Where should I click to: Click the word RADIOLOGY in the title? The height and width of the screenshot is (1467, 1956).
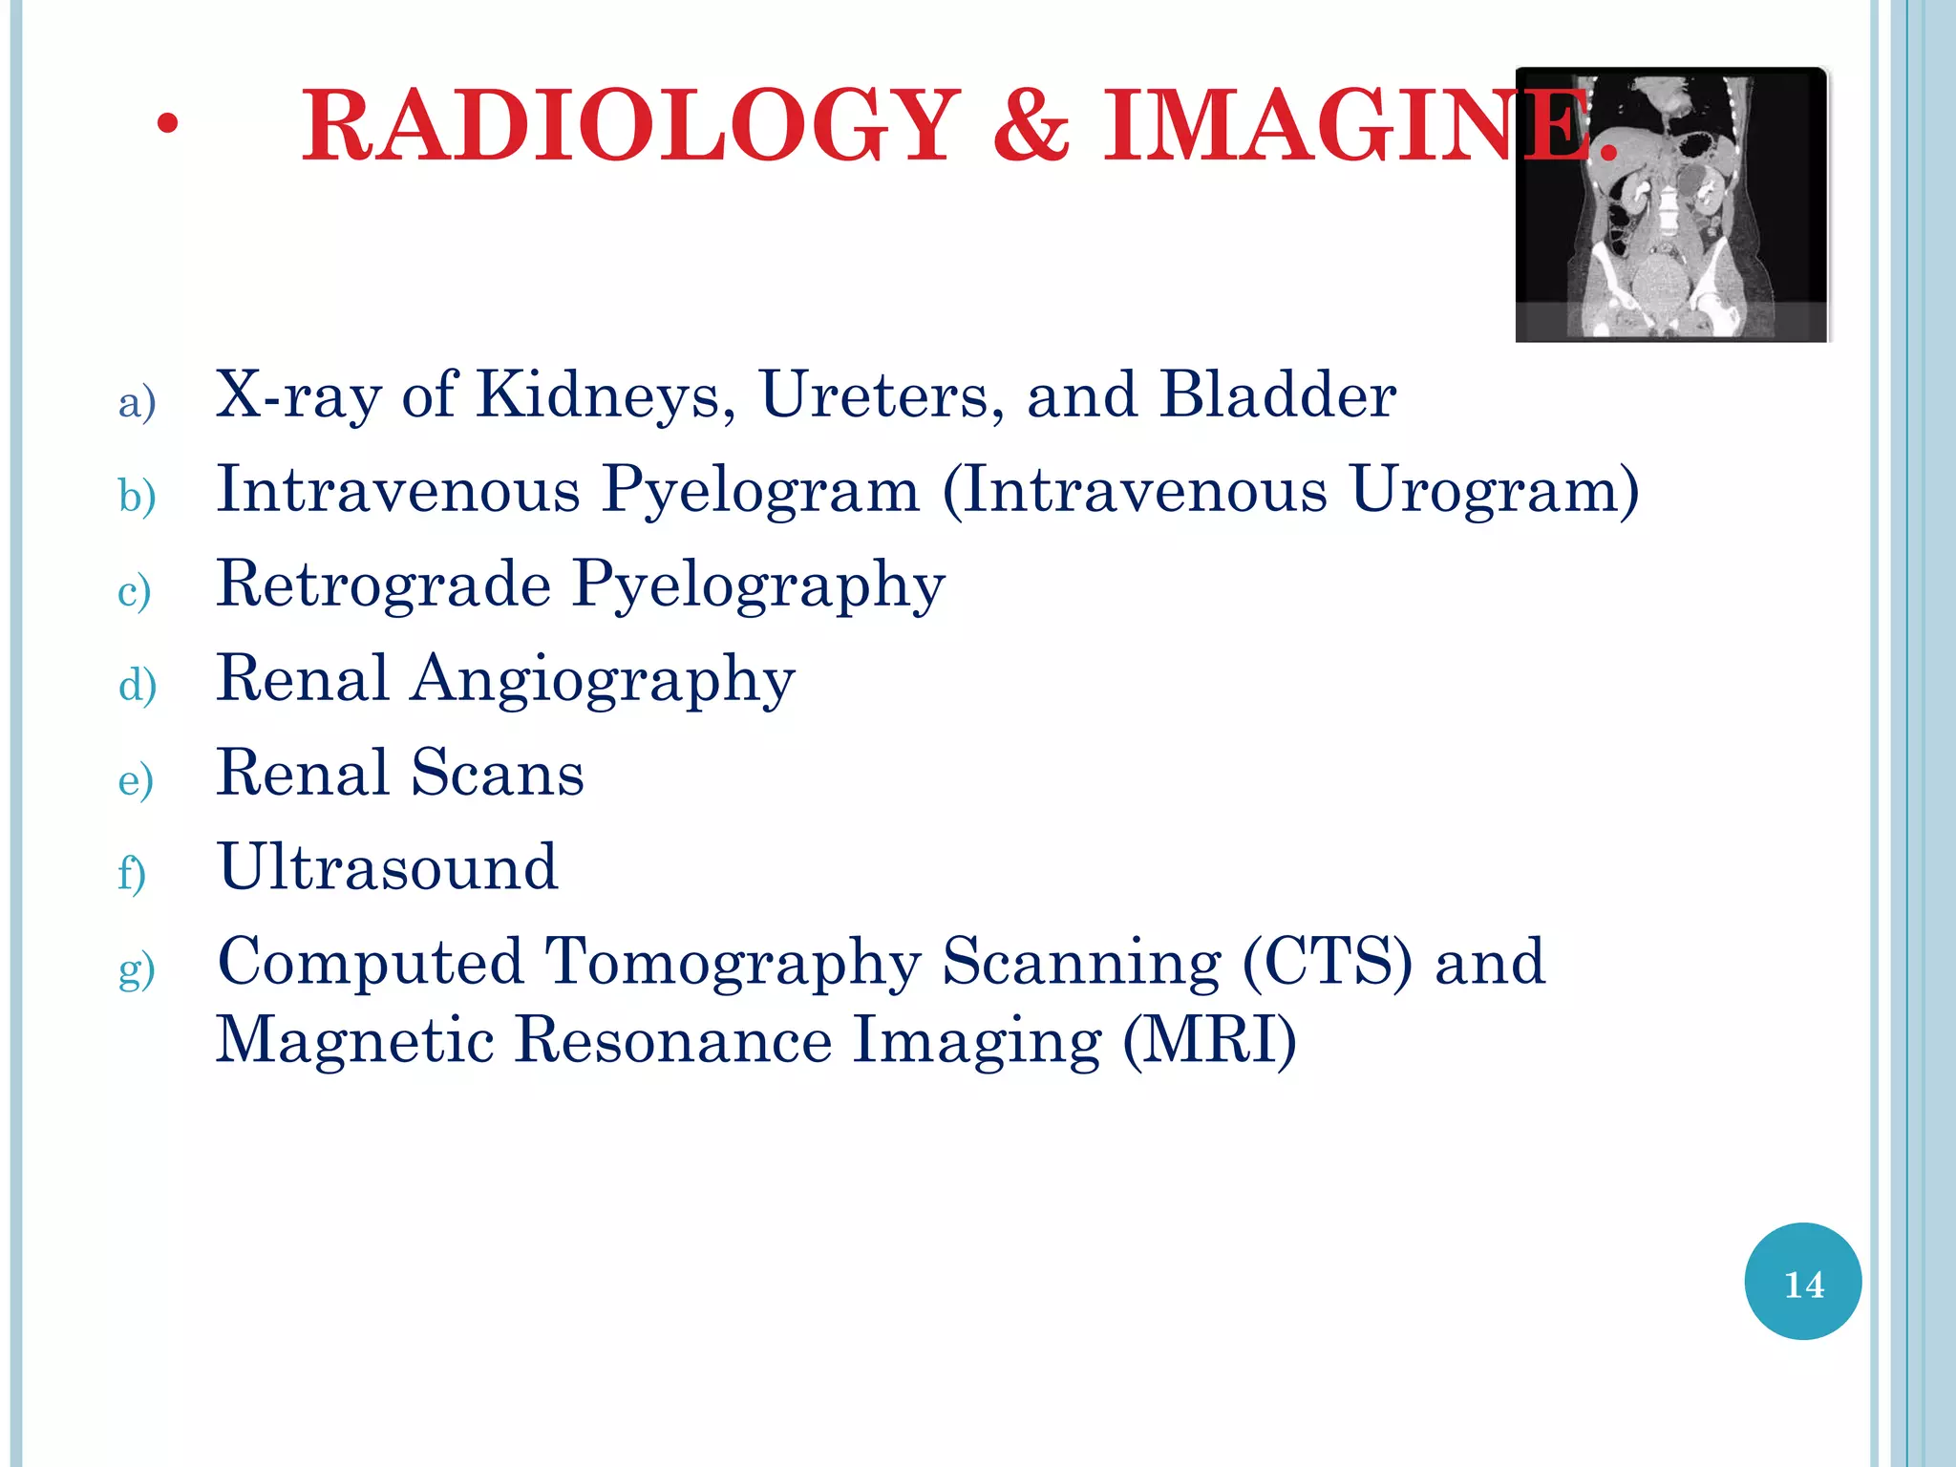tap(630, 126)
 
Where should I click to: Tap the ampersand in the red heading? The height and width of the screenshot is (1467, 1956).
tap(1031, 126)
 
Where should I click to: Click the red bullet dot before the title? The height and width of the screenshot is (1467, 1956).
tap(168, 124)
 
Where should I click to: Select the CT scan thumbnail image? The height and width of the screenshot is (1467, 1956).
tap(1671, 204)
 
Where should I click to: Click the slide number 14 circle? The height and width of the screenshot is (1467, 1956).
tap(1802, 1282)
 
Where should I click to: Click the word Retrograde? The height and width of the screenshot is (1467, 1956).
tap(384, 584)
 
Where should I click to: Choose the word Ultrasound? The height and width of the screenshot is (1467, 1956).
tap(388, 867)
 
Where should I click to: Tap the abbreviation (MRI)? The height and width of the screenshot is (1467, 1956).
tap(1209, 1040)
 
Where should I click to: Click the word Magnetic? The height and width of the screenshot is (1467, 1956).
tap(355, 1040)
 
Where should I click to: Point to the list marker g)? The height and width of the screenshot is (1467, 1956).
tap(137, 968)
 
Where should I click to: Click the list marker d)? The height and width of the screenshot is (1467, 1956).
tap(138, 686)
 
